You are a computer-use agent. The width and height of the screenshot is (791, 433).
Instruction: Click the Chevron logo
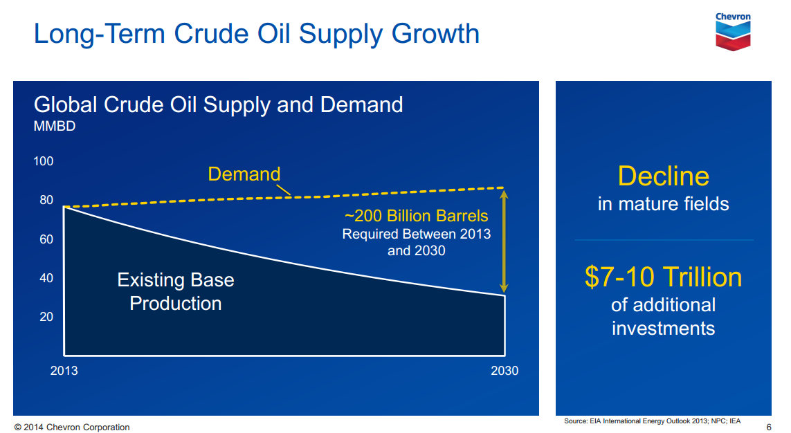pyautogui.click(x=733, y=31)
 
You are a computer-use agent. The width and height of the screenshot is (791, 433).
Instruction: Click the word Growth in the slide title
pyautogui.click(x=435, y=35)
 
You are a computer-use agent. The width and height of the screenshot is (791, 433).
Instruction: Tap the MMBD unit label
pyautogui.click(x=55, y=126)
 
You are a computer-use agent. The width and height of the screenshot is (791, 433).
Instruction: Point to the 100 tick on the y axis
pyautogui.click(x=44, y=161)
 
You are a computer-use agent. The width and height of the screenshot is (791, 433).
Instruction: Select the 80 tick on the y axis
pyautogui.click(x=46, y=200)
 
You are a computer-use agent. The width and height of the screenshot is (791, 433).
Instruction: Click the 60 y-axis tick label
pyautogui.click(x=46, y=239)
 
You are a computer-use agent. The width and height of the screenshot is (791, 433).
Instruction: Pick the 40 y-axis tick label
pyautogui.click(x=46, y=278)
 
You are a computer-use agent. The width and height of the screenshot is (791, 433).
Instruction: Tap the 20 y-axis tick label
pyautogui.click(x=46, y=317)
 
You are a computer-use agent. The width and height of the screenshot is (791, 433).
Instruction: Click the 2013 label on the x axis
pyautogui.click(x=64, y=371)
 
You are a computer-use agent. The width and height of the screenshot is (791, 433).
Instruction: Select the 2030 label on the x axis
pyautogui.click(x=504, y=371)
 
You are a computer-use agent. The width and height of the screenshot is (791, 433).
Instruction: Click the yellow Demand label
pyautogui.click(x=244, y=174)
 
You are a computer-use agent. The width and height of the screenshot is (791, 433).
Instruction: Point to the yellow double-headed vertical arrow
pyautogui.click(x=503, y=241)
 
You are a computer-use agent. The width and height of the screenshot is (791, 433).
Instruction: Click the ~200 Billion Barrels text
pyautogui.click(x=416, y=216)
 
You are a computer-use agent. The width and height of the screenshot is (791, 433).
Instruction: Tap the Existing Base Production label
pyautogui.click(x=176, y=291)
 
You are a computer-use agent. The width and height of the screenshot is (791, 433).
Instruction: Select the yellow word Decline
pyautogui.click(x=664, y=176)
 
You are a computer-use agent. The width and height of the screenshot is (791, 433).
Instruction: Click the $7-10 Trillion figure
pyautogui.click(x=664, y=277)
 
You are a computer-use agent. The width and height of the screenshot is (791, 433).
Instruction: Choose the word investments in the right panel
pyautogui.click(x=664, y=329)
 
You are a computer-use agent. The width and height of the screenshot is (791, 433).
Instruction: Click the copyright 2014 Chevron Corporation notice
pyautogui.click(x=72, y=427)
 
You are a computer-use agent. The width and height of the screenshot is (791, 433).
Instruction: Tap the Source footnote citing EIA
pyautogui.click(x=653, y=421)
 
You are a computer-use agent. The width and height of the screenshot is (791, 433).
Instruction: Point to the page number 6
pyautogui.click(x=769, y=427)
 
